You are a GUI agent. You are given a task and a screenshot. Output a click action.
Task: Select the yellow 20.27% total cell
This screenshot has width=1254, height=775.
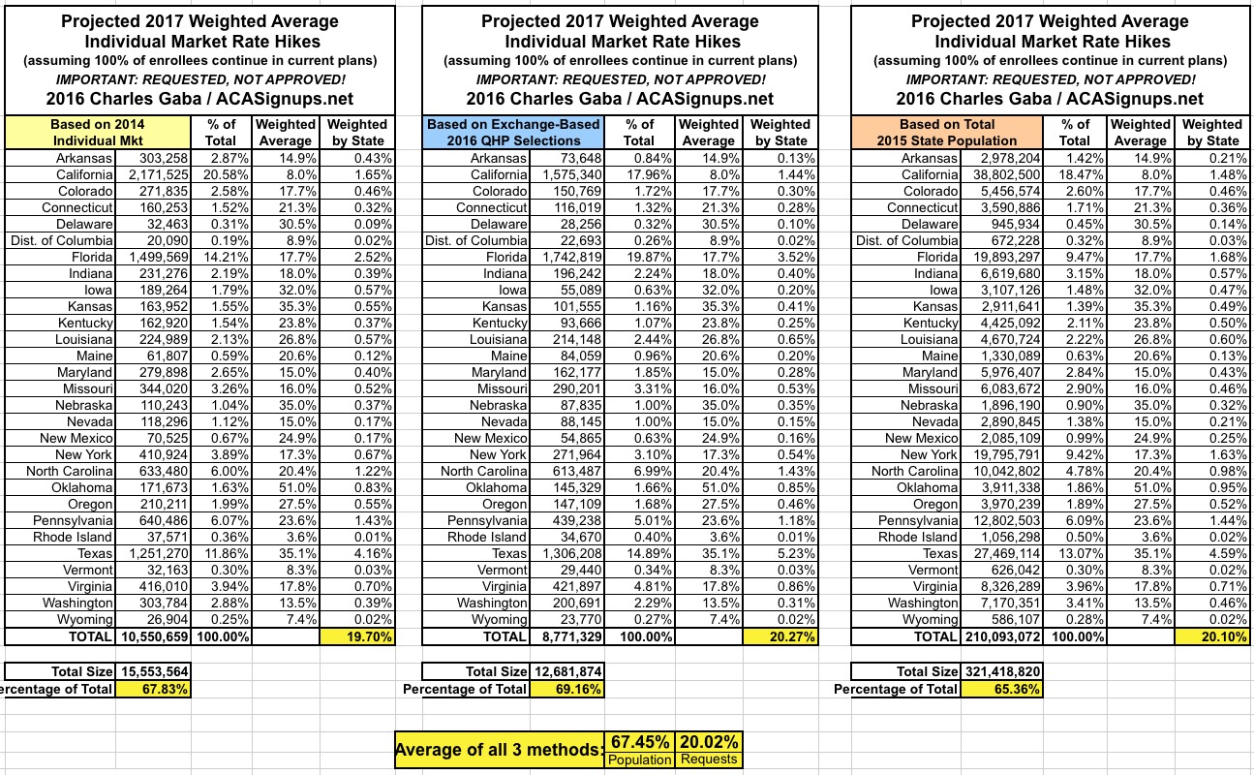pyautogui.click(x=780, y=636)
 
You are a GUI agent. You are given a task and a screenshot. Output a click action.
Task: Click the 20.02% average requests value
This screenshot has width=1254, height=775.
pyautogui.click(x=710, y=741)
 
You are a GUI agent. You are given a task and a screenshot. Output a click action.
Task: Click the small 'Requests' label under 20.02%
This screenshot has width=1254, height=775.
pyautogui.click(x=710, y=760)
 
